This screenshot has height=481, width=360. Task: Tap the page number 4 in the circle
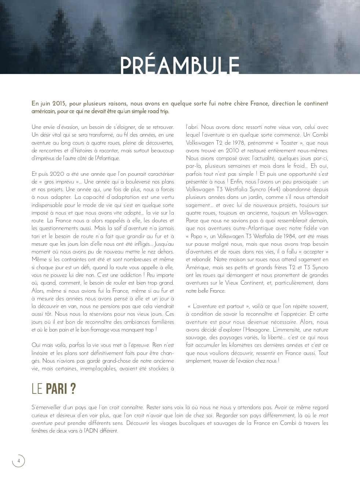tap(18, 461)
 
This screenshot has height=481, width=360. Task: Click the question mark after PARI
tap(73, 389)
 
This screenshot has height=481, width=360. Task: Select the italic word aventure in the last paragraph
tap(42, 423)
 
